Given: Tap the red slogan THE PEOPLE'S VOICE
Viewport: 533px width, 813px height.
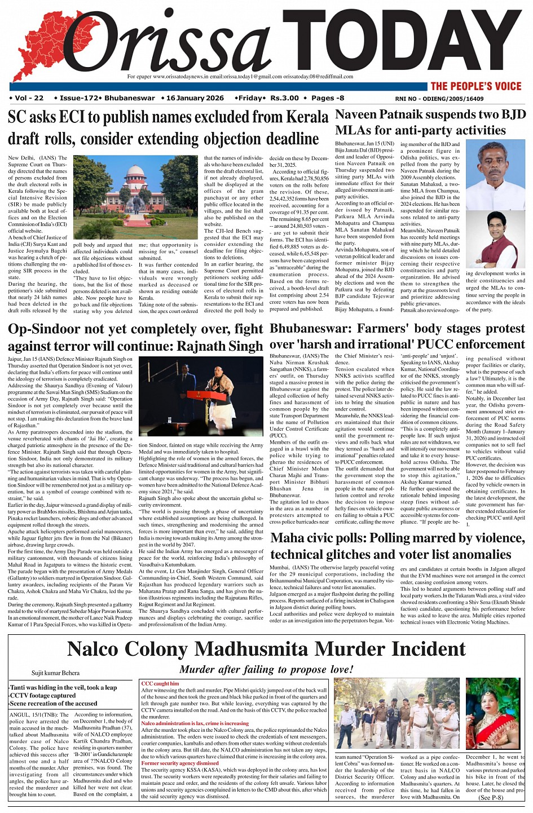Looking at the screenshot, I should tap(476, 86).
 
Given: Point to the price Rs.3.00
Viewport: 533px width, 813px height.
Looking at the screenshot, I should tap(284, 98).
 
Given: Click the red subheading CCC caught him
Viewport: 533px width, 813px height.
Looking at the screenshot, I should tap(160, 684).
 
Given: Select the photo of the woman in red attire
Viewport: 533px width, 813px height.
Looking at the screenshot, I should tap(493, 714).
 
